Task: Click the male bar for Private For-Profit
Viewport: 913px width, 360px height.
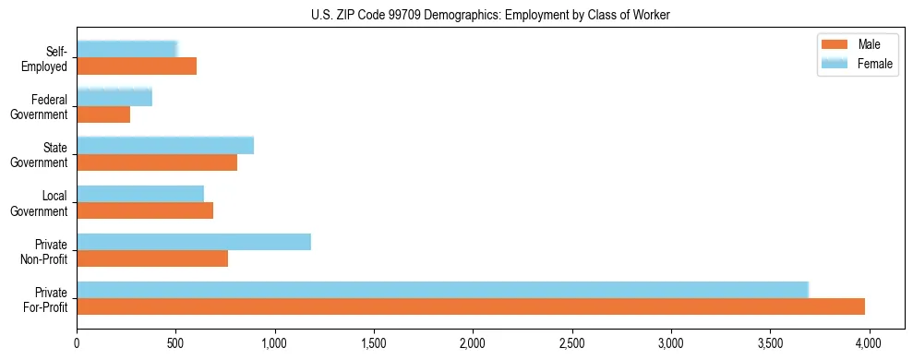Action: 471,306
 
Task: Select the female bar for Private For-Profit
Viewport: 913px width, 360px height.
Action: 443,290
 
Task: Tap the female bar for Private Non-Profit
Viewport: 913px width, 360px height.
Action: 194,242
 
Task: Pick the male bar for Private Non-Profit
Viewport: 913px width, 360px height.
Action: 152,258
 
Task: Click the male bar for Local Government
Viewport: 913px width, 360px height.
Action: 145,210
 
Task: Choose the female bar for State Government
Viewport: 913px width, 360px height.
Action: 165,146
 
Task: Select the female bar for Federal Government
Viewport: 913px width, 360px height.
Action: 114,98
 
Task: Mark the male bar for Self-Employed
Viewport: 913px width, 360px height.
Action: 137,66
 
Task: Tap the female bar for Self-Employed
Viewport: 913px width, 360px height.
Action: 127,50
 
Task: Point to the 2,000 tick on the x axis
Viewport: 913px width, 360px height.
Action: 473,341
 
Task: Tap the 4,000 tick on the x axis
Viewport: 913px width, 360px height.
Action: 869,341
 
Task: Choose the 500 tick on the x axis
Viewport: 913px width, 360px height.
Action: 175,341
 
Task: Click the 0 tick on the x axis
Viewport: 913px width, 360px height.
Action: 77,341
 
